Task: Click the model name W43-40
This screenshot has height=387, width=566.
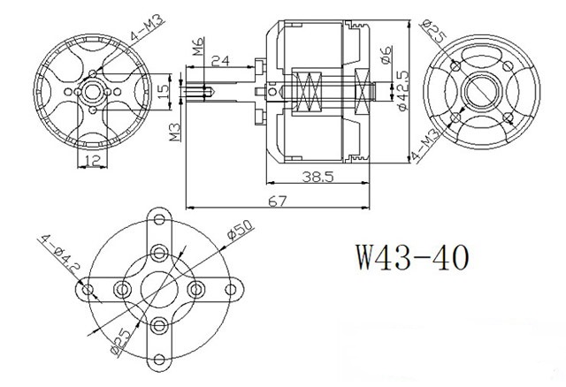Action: pyautogui.click(x=413, y=257)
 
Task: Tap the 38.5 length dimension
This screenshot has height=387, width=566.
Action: pyautogui.click(x=318, y=177)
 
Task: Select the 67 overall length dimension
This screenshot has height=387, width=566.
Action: pyautogui.click(x=277, y=201)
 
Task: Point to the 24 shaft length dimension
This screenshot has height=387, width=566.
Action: pyautogui.click(x=220, y=61)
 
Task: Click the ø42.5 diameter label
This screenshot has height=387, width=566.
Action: pyautogui.click(x=402, y=90)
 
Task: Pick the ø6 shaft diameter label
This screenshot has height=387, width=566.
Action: pyautogui.click(x=386, y=55)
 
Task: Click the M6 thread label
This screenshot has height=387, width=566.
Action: pyautogui.click(x=197, y=46)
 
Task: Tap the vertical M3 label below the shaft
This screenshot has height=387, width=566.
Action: pyautogui.click(x=175, y=132)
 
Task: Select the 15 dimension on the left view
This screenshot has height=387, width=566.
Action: pyautogui.click(x=163, y=92)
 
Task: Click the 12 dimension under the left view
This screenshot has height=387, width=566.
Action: pyautogui.click(x=93, y=160)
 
